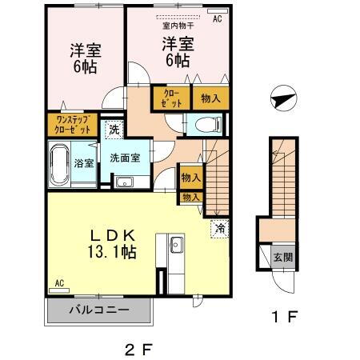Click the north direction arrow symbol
click(x=282, y=100)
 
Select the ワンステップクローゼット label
click(x=72, y=124)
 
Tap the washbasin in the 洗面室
click(x=124, y=182)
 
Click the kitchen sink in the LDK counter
click(x=176, y=244)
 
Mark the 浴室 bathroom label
click(x=84, y=162)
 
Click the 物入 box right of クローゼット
click(x=210, y=98)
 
